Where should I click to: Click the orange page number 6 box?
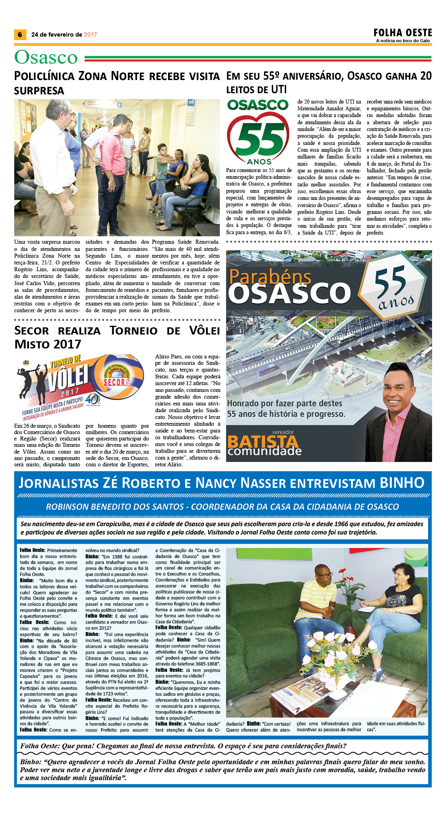[20, 35]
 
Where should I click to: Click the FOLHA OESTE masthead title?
[403, 33]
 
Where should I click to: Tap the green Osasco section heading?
[46, 57]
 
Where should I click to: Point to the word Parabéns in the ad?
[270, 276]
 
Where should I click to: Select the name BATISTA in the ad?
[263, 441]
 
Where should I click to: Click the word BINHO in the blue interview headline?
[402, 483]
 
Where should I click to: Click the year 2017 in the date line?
[90, 35]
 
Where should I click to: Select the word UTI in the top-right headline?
[278, 90]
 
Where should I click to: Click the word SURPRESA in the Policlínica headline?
[39, 91]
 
